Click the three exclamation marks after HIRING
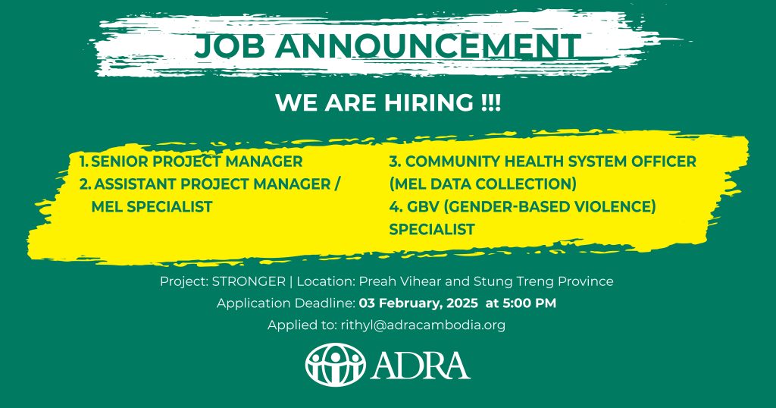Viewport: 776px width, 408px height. (x=490, y=103)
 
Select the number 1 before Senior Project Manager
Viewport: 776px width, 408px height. (x=84, y=162)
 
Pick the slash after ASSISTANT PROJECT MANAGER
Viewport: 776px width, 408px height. (x=337, y=184)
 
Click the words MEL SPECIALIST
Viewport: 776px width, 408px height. (x=152, y=207)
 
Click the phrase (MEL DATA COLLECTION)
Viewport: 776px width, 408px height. (x=483, y=184)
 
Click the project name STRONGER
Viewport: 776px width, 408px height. (x=249, y=282)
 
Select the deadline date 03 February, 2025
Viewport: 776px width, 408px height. (x=418, y=303)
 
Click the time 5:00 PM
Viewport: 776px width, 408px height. (x=530, y=303)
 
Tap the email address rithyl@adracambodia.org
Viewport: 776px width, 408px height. (x=423, y=325)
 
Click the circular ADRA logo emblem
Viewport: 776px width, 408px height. (x=336, y=366)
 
